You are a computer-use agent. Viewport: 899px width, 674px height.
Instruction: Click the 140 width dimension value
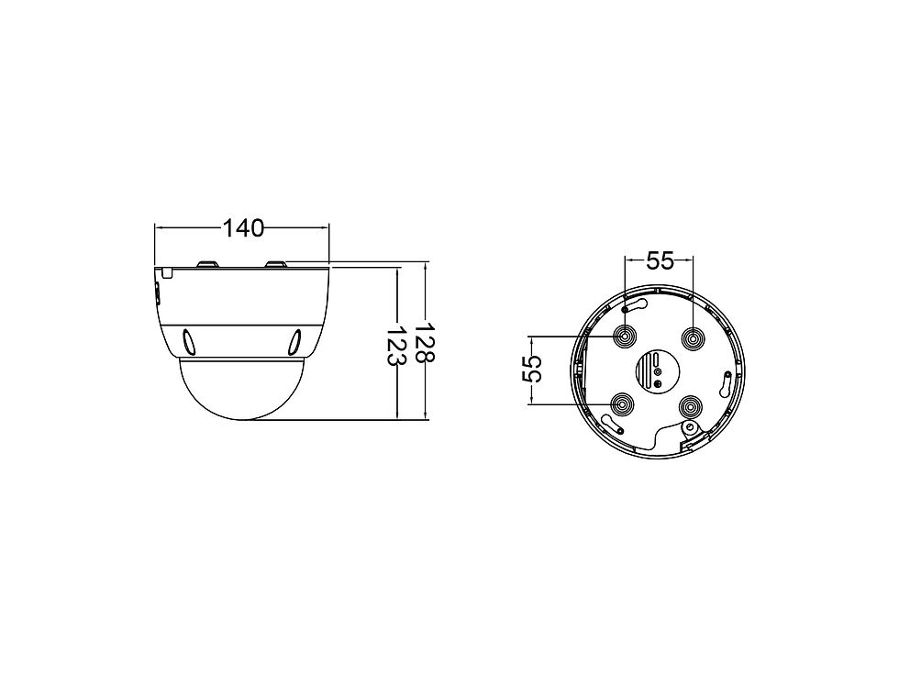pyautogui.click(x=243, y=228)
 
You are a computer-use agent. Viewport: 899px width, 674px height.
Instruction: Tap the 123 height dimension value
pyautogui.click(x=396, y=347)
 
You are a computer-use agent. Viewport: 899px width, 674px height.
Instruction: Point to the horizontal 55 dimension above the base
pyautogui.click(x=660, y=260)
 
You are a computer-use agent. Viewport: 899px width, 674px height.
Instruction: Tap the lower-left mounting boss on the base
pyautogui.click(x=622, y=405)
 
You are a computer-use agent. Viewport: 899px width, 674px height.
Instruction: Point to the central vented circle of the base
pyautogui.click(x=658, y=370)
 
